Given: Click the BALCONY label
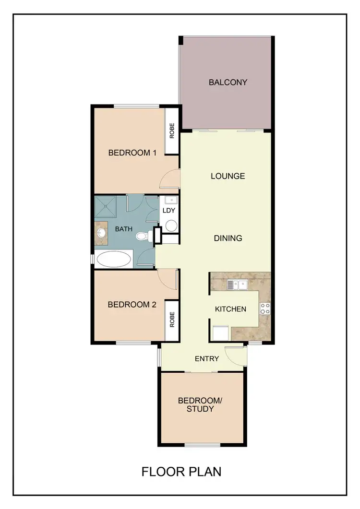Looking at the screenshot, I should point(228,82).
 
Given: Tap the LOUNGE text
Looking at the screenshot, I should point(228,176).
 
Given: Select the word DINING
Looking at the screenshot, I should point(228,238).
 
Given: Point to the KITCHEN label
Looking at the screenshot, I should point(230,309).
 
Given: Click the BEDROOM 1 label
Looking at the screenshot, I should point(132,153).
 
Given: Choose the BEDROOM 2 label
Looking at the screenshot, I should point(132,305).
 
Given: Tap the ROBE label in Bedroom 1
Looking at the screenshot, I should point(171,131).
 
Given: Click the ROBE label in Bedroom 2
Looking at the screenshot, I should point(171,320).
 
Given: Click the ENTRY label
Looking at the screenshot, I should point(207,358).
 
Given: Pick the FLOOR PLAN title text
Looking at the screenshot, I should point(181,472).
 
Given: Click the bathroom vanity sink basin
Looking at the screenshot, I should point(101,233).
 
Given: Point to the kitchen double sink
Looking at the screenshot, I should point(237,285).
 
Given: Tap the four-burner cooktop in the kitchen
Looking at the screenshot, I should point(264,309).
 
